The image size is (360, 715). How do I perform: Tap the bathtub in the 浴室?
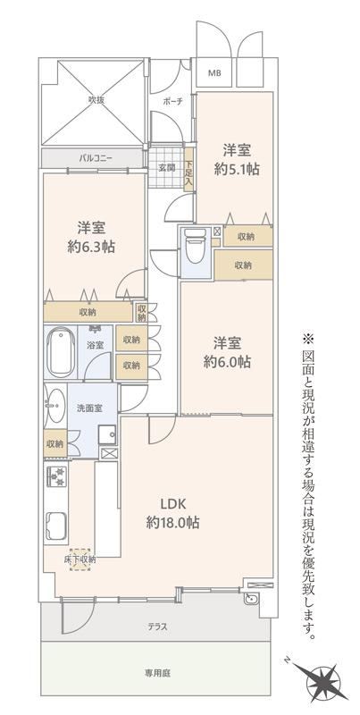click(61, 351)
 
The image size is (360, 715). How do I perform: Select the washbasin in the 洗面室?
click(55, 406)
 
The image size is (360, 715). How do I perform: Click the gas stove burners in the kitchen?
click(57, 476)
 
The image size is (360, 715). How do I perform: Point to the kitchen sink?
click(57, 526)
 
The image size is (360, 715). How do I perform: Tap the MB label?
click(214, 72)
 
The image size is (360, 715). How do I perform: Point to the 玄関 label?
click(167, 167)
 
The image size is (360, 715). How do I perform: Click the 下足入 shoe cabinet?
click(188, 168)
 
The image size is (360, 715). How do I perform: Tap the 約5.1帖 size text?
click(237, 170)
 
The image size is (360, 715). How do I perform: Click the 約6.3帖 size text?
click(91, 247)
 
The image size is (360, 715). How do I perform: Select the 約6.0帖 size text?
click(227, 363)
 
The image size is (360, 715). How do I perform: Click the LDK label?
click(172, 504)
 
